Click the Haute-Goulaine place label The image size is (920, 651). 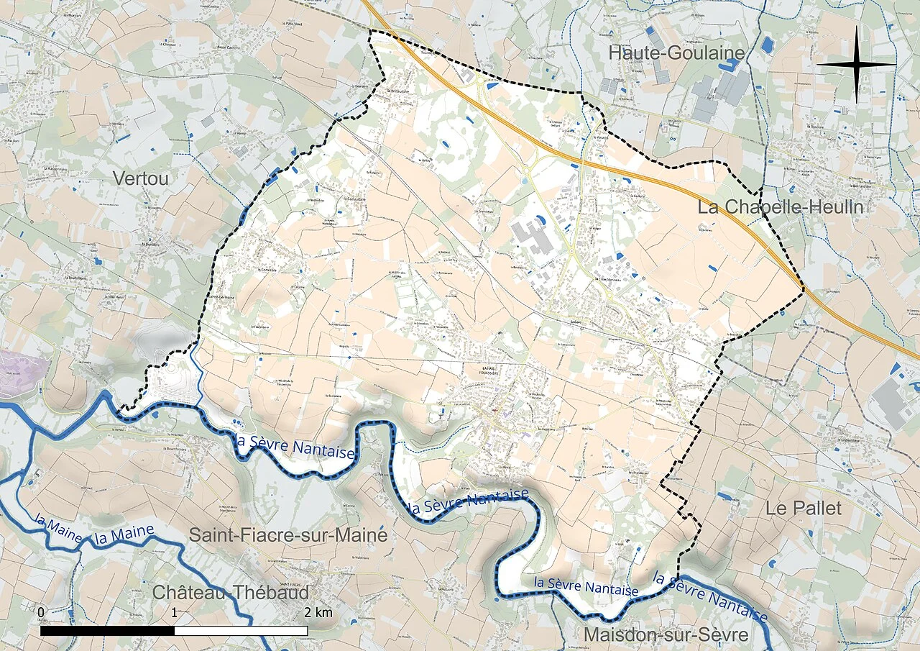click(x=676, y=53)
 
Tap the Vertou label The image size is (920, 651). click(x=141, y=178)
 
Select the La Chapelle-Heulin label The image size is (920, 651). click(x=780, y=208)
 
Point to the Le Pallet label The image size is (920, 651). click(x=803, y=508)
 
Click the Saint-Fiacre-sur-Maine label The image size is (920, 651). click(x=287, y=535)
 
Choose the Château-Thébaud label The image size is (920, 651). click(x=231, y=593)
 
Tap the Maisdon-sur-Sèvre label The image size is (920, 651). click(x=666, y=635)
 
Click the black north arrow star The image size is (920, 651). click(x=856, y=64)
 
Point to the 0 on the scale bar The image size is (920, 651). click(x=41, y=612)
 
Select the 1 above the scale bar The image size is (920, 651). click(x=175, y=612)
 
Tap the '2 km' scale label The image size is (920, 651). click(x=318, y=612)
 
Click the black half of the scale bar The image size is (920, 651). click(x=107, y=631)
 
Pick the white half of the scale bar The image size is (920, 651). click(x=241, y=631)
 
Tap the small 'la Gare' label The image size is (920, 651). click(x=574, y=322)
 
